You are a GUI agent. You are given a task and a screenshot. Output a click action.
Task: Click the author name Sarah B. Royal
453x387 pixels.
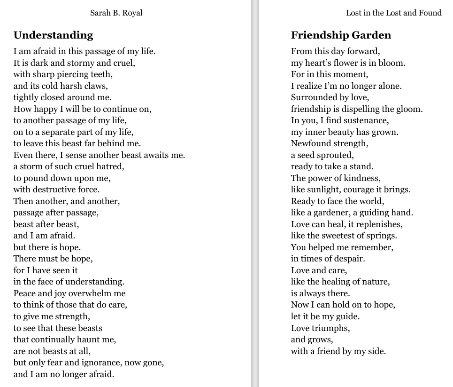(116, 13)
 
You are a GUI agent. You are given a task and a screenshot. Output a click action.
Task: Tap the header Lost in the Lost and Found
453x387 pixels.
(393, 13)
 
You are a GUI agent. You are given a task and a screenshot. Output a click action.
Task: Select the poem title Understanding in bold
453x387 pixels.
(53, 35)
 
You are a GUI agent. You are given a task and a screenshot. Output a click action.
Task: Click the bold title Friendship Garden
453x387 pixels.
(341, 35)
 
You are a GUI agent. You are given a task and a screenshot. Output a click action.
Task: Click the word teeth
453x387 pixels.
(102, 74)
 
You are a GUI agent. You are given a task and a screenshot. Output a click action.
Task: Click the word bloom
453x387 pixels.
(393, 63)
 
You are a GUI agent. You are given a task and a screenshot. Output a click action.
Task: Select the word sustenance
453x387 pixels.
(367, 120)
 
